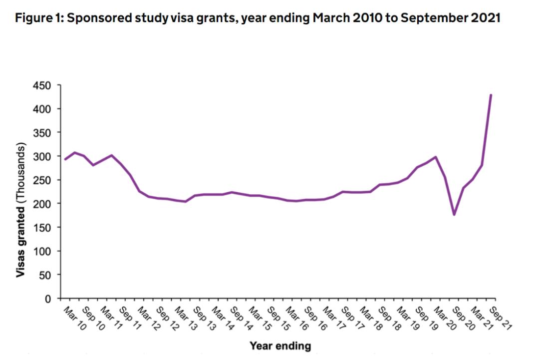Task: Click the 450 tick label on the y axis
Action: [x=42, y=86]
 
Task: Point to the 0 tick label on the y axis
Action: [x=48, y=299]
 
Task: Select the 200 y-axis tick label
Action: [x=42, y=204]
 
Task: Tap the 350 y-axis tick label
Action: [x=42, y=133]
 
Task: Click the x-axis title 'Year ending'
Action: [x=280, y=346]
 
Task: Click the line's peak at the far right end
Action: [x=491, y=95]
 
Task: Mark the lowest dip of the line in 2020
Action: [x=454, y=215]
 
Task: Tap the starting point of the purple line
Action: [x=65, y=159]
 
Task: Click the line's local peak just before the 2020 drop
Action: [x=436, y=157]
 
